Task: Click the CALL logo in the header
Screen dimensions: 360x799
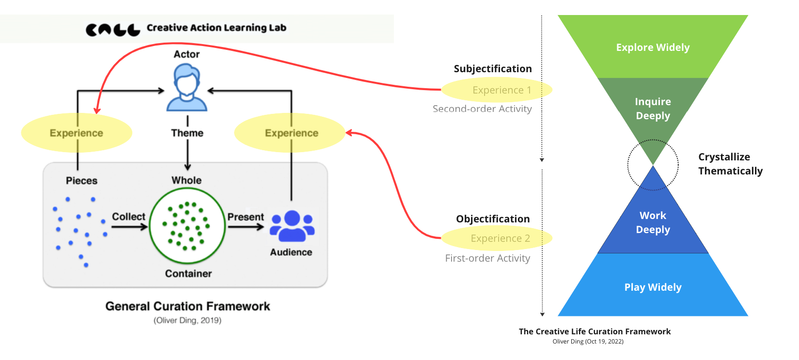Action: [112, 30]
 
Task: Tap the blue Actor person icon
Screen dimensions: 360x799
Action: [187, 89]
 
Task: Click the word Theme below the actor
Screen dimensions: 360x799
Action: [187, 133]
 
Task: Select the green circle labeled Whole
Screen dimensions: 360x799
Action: [187, 226]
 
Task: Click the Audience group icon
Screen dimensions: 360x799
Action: [292, 226]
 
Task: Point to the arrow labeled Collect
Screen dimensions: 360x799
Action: [129, 226]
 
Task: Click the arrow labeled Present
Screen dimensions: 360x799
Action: [246, 226]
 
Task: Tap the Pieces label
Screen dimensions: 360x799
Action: [81, 181]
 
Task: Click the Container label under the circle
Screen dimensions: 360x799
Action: [188, 274]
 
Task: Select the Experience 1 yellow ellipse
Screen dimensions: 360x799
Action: [497, 90]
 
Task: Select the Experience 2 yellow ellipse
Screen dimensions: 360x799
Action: [497, 238]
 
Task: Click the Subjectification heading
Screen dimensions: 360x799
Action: [492, 69]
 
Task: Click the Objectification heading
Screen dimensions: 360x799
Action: [493, 219]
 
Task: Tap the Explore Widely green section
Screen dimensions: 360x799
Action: [653, 47]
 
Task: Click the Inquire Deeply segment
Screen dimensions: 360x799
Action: [653, 109]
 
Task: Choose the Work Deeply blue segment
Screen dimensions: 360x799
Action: [653, 222]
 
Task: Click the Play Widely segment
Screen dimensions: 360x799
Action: [653, 287]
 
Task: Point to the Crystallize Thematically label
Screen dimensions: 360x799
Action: [730, 164]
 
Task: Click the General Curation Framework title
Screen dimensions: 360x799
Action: [188, 306]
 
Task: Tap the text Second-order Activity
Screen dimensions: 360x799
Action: [482, 109]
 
